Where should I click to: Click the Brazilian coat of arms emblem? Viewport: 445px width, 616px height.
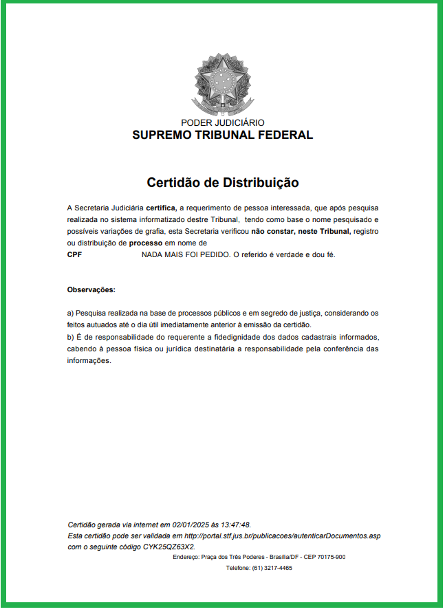pyautogui.click(x=222, y=85)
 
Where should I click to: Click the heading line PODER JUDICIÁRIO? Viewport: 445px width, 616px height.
pyautogui.click(x=222, y=122)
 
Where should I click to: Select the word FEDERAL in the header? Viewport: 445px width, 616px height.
pyautogui.click(x=285, y=135)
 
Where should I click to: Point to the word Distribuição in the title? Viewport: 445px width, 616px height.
pyautogui.click(x=261, y=183)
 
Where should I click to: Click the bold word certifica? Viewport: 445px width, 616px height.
pyautogui.click(x=161, y=207)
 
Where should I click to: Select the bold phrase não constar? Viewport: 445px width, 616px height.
pyautogui.click(x=274, y=232)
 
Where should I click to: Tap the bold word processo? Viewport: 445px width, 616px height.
pyautogui.click(x=145, y=243)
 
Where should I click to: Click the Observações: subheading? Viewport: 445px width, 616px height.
pyautogui.click(x=91, y=289)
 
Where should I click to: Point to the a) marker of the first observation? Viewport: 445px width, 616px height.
pyautogui.click(x=70, y=313)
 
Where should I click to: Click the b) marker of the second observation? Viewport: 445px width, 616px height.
pyautogui.click(x=70, y=338)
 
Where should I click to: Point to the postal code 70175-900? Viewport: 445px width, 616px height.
pyautogui.click(x=332, y=557)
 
